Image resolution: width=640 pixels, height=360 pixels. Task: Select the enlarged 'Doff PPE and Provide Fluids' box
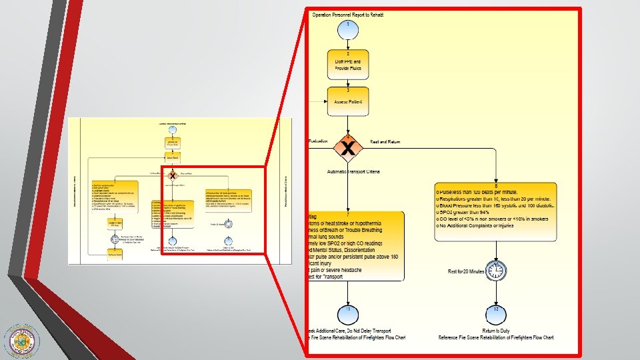point(347,65)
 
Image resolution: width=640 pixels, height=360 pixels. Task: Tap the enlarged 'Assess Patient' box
point(347,101)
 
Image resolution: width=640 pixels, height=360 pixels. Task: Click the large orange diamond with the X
point(347,147)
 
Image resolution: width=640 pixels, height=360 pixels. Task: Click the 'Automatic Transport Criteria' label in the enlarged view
point(353,172)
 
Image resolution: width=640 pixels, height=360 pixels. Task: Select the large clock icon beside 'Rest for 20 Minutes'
point(495,271)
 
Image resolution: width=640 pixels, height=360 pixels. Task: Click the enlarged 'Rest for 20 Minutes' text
point(466,271)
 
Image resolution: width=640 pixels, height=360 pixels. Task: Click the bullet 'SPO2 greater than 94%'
point(471,211)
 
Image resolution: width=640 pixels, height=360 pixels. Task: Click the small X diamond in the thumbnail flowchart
point(173,175)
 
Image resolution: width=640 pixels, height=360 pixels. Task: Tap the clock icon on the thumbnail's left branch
point(115,238)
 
